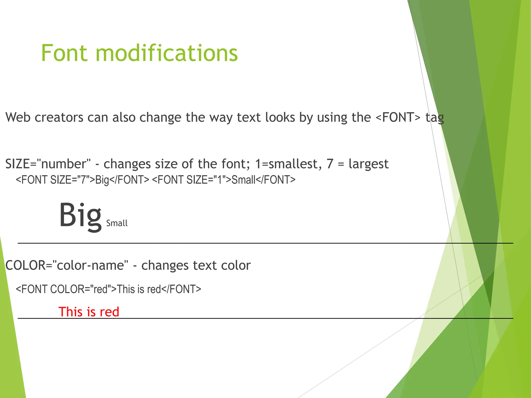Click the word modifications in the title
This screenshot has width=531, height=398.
166,53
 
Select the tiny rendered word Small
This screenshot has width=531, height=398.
117,223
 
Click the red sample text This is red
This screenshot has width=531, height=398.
89,311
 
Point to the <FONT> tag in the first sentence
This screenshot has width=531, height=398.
398,117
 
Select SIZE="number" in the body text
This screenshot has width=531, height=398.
48,164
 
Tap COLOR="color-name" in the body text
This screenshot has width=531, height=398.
67,265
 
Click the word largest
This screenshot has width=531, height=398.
368,164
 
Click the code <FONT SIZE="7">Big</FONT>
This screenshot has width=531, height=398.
82,180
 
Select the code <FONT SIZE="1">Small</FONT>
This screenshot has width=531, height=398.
223,180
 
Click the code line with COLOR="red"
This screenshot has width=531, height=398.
108,289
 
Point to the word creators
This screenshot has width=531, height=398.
59,117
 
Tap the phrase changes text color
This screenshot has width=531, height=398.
196,265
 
